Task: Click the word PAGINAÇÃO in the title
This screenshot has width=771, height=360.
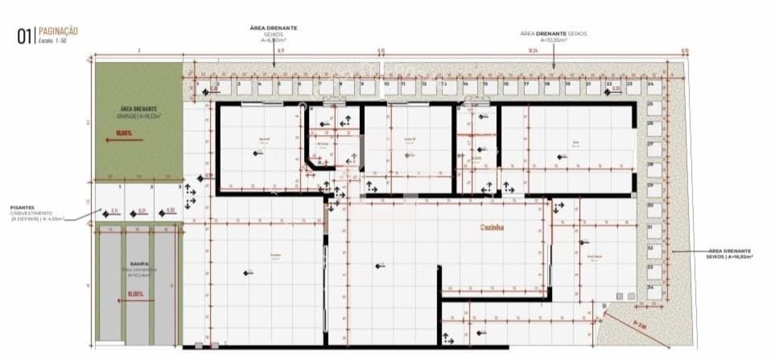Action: coord(58,31)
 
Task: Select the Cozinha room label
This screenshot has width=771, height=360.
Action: coord(492,228)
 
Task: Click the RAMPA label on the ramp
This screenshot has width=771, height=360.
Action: coord(139,264)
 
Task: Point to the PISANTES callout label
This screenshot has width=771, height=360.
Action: coord(22,207)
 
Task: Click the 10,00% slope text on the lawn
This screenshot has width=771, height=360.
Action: coord(124,133)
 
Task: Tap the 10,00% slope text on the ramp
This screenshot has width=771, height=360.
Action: coord(135,294)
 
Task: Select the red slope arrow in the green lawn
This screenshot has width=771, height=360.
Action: coord(124,140)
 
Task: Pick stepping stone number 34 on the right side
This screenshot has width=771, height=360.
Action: coord(654,292)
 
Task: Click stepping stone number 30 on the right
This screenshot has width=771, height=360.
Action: coord(654,210)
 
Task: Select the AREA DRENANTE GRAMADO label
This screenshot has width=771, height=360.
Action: coord(139,112)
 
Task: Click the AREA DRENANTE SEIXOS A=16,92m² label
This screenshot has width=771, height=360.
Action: coord(729,254)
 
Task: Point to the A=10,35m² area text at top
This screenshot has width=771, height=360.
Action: coord(553,40)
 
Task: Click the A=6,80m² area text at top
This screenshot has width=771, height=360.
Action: coord(273,40)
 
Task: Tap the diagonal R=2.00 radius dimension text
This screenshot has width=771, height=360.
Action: coord(640,325)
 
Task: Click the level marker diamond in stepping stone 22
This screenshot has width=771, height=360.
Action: coord(608,93)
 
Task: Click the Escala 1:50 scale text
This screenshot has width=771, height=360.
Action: coord(52,41)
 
